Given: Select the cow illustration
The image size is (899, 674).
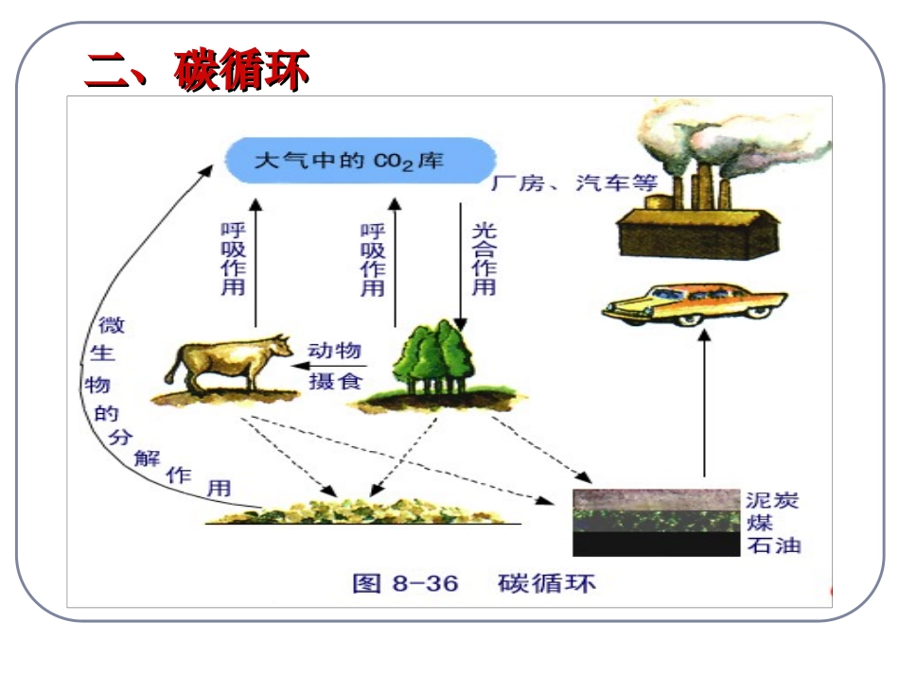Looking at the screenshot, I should click(x=225, y=366).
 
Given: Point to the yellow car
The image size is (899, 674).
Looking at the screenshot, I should click(x=694, y=304).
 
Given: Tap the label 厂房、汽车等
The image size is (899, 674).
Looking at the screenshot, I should click(x=573, y=184).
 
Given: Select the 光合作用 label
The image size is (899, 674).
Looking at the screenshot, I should click(x=484, y=259).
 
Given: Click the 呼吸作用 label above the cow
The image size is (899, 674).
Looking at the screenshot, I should click(x=232, y=259).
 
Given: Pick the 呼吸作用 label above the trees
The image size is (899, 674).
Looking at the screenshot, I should click(x=373, y=259).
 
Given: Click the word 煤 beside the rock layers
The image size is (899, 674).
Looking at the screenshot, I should click(x=760, y=523).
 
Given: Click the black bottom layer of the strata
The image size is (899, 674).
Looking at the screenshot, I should click(x=655, y=544).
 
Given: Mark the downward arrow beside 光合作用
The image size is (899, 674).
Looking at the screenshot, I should click(x=460, y=265).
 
